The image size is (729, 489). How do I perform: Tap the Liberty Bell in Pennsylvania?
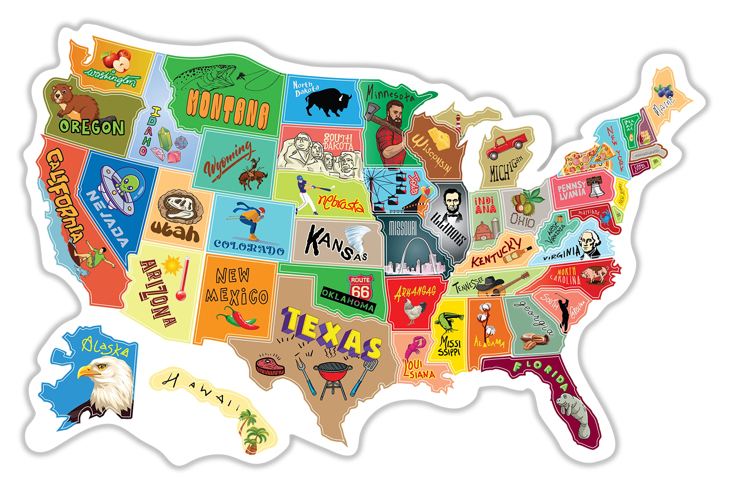coord(596,187)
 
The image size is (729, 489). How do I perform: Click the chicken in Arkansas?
coord(415,311)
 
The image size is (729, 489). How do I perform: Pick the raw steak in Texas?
coord(270,366)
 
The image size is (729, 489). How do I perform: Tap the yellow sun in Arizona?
coord(171,265)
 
